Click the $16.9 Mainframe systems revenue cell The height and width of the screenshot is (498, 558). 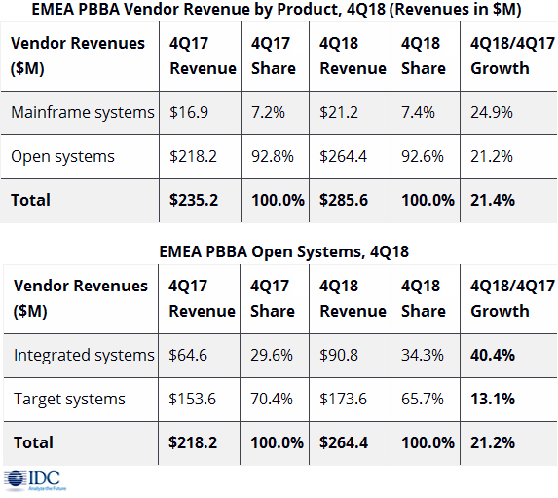point(189,113)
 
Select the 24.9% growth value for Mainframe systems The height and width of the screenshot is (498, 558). point(492,113)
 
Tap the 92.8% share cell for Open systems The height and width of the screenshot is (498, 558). point(273,156)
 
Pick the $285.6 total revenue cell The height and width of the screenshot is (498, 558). point(344,200)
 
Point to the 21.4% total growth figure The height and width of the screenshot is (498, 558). point(493,200)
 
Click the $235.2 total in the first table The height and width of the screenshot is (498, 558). point(194,200)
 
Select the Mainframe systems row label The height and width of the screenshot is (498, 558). point(83,113)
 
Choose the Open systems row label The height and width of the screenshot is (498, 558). point(62,156)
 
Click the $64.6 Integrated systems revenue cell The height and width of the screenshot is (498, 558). point(188,355)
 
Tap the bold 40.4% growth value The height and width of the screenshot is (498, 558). point(493,355)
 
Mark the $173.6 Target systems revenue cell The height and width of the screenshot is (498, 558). point(343,399)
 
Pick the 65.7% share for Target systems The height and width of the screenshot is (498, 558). point(423,399)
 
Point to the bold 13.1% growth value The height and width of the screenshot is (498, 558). point(493,399)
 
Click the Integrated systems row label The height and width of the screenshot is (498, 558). point(84,355)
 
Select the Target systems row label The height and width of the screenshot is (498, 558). point(69,399)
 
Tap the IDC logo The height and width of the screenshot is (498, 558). point(35,480)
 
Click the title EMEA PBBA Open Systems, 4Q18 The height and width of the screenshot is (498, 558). point(284,251)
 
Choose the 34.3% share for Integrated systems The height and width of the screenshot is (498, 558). point(423,355)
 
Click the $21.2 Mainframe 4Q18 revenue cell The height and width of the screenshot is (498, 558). point(339,113)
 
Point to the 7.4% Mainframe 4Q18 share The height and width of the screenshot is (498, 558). point(418,113)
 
